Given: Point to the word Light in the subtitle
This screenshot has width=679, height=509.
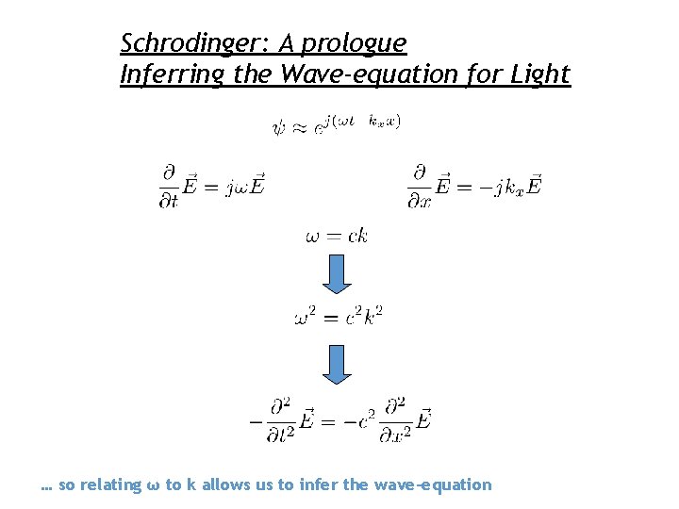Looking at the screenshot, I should coord(540,74).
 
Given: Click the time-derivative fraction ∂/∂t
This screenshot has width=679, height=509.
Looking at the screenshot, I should coord(170,187).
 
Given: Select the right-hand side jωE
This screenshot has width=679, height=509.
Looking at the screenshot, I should coord(245,188).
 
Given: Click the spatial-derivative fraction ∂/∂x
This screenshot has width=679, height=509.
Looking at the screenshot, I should coord(420,187).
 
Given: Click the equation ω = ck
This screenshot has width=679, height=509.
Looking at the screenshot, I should coord(337,236).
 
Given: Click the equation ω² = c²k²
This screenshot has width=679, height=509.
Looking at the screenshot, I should coord(338,315).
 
